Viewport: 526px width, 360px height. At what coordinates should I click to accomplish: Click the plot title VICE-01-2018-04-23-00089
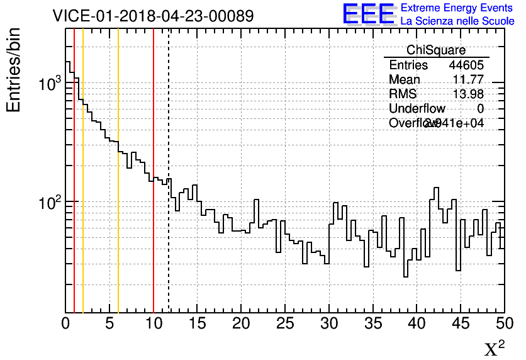[x=154, y=16]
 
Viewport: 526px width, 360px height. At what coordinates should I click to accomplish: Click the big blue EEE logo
[x=369, y=14]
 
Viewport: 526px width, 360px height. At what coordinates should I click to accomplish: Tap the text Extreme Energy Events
[x=457, y=8]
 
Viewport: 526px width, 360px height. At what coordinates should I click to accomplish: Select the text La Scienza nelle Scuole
[x=457, y=21]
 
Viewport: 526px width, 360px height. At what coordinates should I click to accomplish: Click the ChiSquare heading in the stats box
[x=436, y=50]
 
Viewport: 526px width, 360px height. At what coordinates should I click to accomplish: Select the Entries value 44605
[x=466, y=65]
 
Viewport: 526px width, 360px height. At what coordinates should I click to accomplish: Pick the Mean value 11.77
[x=468, y=80]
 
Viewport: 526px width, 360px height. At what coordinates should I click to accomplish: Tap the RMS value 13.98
[x=468, y=94]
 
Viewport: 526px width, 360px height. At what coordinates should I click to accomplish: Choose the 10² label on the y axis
[x=48, y=202]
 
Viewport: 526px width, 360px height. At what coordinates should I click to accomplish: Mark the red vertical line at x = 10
[x=154, y=252]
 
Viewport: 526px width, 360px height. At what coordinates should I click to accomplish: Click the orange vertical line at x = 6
[x=118, y=252]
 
